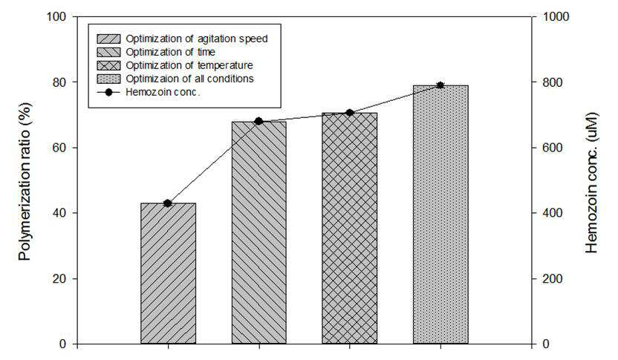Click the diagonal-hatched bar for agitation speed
point(169,273)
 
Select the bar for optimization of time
point(259,233)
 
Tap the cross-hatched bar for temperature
point(350,229)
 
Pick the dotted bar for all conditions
point(440,215)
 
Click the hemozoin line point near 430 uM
point(168,203)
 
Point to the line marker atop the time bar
point(259,121)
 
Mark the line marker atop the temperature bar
point(350,113)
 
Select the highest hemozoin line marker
point(440,85)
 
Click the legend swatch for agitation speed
point(108,39)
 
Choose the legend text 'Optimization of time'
point(171,52)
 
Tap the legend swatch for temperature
point(108,65)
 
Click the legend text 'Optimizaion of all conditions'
point(189,79)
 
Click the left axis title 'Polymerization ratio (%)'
point(25,181)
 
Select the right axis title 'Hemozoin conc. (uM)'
point(591,183)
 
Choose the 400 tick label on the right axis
point(553,213)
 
